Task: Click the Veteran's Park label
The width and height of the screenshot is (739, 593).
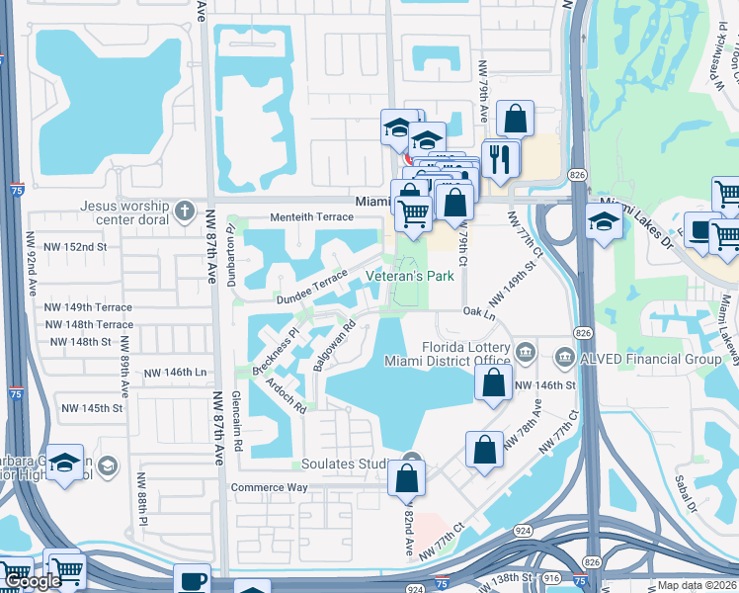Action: pos(410,276)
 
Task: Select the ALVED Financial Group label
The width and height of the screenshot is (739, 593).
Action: pos(650,359)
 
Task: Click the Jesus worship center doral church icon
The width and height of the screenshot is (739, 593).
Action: pos(184,210)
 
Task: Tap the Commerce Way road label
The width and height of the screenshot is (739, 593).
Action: pos(269,487)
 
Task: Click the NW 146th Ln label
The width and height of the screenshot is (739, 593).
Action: pos(174,373)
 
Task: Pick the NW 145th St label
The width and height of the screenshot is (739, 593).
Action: pos(92,408)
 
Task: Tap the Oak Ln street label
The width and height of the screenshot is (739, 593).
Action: pos(478,312)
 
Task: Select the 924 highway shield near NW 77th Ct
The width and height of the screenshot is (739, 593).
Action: pos(523,531)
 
